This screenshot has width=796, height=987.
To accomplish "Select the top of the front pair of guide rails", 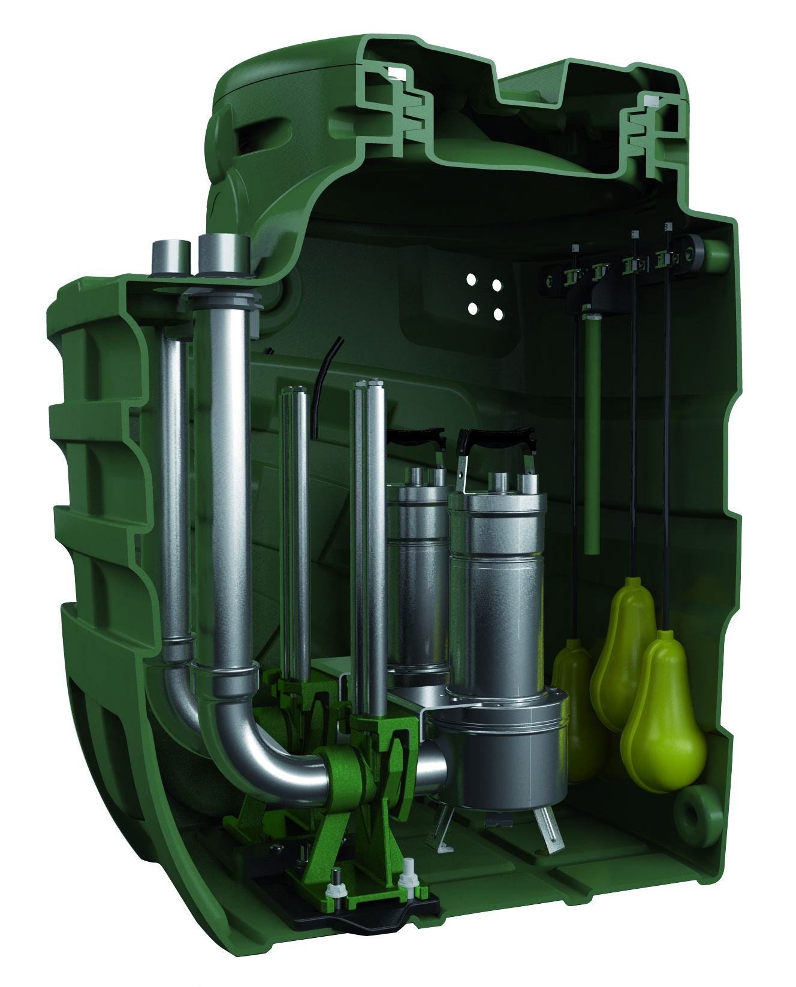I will [x=369, y=384].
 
